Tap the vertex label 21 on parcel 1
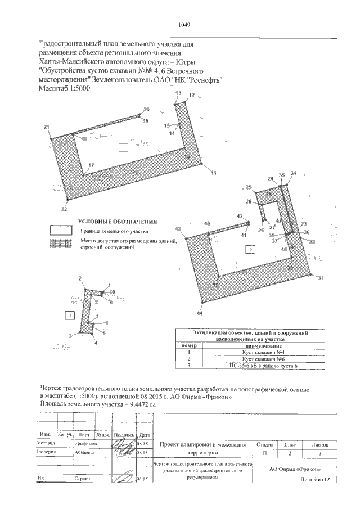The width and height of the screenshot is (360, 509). (46, 128)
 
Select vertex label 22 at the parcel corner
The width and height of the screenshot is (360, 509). (64, 209)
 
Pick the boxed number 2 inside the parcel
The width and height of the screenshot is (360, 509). (251, 249)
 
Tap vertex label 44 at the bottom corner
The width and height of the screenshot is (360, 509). (199, 312)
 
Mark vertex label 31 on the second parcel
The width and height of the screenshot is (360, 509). (321, 278)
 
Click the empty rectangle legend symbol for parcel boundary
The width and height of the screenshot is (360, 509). (61, 230)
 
